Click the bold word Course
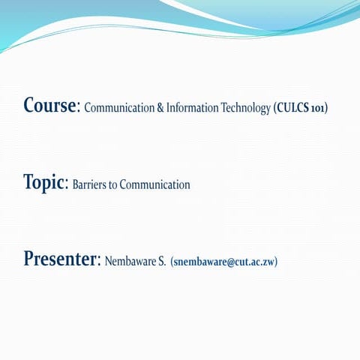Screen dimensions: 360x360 pyautogui.click(x=50, y=105)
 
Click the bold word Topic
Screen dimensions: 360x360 pyautogui.click(x=45, y=182)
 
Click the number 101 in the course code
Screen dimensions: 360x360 pyautogui.click(x=318, y=108)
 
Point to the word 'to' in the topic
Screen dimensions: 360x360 pyautogui.click(x=113, y=184)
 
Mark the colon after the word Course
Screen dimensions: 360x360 pyautogui.click(x=79, y=108)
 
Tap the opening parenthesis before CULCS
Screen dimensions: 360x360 pyautogui.click(x=274, y=108)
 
